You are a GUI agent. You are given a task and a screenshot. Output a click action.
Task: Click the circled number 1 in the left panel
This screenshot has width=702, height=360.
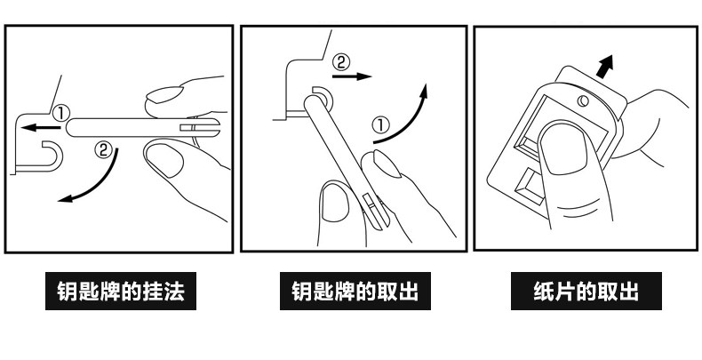(60, 113)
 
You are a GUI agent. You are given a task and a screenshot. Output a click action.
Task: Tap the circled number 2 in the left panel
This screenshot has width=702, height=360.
(105, 151)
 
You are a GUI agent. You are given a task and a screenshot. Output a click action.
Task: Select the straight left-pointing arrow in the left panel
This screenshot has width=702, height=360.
(36, 127)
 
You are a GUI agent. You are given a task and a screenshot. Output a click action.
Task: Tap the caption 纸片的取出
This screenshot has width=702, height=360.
(586, 292)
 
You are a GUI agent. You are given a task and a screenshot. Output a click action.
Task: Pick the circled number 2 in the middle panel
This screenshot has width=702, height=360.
(342, 62)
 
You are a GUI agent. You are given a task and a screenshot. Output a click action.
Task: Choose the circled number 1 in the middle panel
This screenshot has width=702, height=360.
(379, 124)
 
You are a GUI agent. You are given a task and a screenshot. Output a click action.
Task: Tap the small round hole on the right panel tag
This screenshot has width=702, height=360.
(584, 100)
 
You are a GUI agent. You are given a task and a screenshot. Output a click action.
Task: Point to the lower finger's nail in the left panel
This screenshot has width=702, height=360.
(163, 161)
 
